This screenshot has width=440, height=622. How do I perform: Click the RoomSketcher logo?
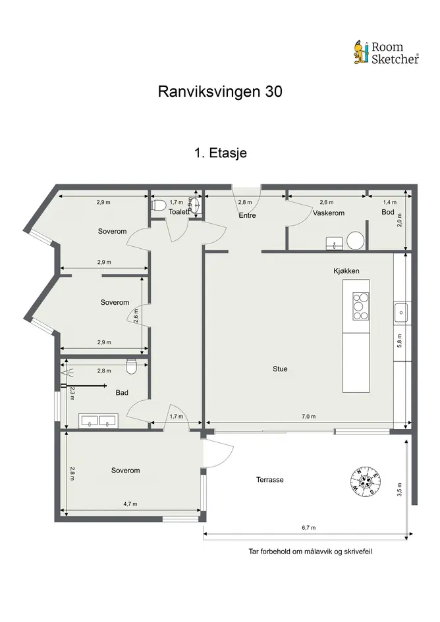pyautogui.click(x=386, y=53)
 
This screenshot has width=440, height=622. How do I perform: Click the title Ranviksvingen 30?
pyautogui.click(x=220, y=91)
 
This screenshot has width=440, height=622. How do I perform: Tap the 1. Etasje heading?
pyautogui.click(x=221, y=153)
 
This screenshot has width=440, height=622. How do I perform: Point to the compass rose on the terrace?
pyautogui.click(x=366, y=480)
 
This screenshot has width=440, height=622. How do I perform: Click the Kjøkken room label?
pyautogui.click(x=346, y=271)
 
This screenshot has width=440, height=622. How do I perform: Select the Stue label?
pyautogui.click(x=280, y=369)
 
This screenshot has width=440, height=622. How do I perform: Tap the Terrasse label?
pyautogui.click(x=269, y=480)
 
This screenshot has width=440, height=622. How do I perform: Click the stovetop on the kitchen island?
pyautogui.click(x=360, y=306)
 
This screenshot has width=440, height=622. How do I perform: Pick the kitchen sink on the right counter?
pyautogui.click(x=402, y=312)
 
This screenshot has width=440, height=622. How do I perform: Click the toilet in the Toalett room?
pyautogui.click(x=159, y=206)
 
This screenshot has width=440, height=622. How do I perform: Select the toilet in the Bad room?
pyautogui.click(x=130, y=366)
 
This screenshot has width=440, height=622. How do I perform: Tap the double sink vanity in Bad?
pyautogui.click(x=97, y=421)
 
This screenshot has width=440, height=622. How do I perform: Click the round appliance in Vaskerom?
pyautogui.click(x=355, y=240)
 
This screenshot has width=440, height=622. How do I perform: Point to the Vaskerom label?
pyautogui.click(x=329, y=213)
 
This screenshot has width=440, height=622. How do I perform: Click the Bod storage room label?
pyautogui.click(x=387, y=212)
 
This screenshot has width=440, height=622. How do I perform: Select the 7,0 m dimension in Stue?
pyautogui.click(x=308, y=417)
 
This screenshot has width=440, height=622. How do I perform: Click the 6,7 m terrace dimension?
pyautogui.click(x=308, y=528)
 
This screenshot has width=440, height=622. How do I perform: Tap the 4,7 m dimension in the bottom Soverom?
pyautogui.click(x=130, y=504)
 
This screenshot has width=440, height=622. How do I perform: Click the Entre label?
pyautogui.click(x=247, y=215)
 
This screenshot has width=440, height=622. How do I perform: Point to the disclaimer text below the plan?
pyautogui.click(x=310, y=552)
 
